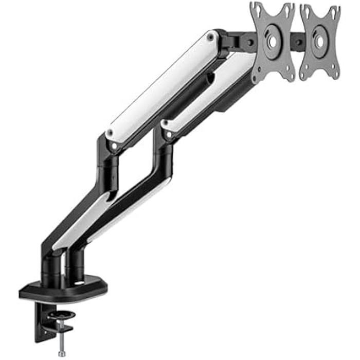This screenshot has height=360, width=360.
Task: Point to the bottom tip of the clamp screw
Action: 62,354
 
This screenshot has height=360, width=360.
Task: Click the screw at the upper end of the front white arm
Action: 210,38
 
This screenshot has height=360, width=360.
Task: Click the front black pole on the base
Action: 52,267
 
